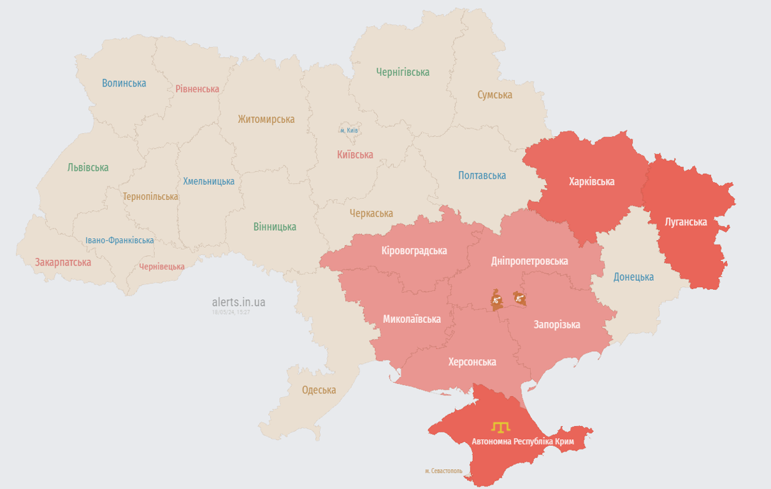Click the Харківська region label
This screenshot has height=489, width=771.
591,181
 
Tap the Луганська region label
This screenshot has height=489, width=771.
686,222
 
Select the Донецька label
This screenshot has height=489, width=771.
633,277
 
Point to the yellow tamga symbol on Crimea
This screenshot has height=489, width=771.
500,426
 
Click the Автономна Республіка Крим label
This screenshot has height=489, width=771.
522,441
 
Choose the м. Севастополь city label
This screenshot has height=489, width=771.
443,471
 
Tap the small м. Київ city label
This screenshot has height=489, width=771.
349,131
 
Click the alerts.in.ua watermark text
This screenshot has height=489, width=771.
238,302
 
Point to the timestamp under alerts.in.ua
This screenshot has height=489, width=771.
231,312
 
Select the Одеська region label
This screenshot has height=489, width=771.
319,390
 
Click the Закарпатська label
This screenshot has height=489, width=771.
63,262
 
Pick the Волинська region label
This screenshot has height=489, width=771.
124,83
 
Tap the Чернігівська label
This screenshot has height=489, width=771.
402,72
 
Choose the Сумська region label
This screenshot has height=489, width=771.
494,95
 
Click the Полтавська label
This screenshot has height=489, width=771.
482,175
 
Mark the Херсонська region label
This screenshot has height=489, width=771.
472,362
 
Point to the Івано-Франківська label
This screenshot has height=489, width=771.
120,240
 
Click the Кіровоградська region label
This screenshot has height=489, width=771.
414,250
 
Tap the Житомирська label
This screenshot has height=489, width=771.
266,119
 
